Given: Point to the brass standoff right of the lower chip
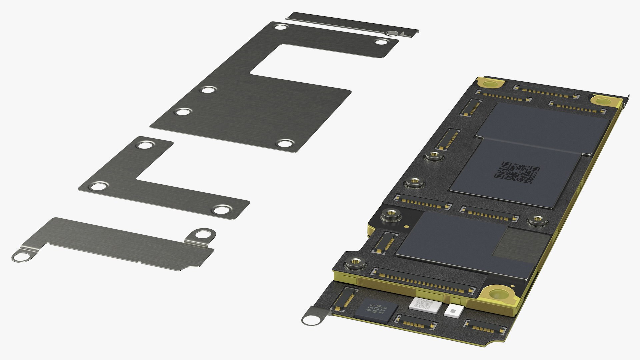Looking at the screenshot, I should coord(536,220).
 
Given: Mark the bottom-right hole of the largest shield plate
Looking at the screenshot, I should coord(284,144).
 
